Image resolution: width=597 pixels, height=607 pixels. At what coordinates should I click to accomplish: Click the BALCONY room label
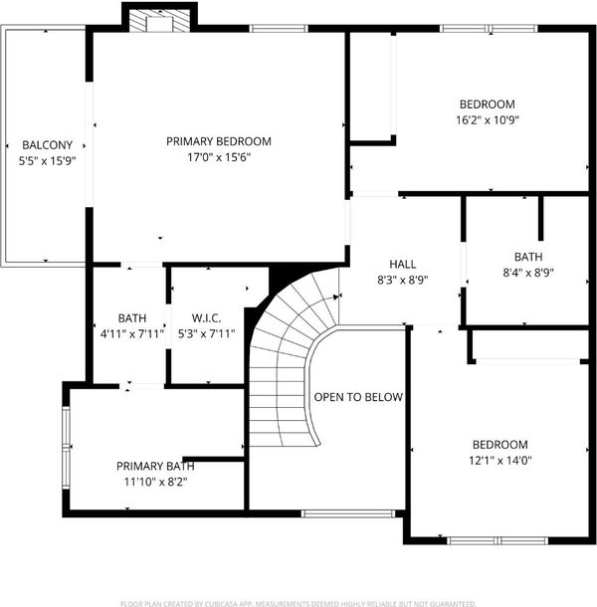(x=47, y=144)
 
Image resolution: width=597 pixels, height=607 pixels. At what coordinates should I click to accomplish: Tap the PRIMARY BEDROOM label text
(x=219, y=141)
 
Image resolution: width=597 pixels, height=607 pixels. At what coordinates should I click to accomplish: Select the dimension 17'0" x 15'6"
(x=219, y=157)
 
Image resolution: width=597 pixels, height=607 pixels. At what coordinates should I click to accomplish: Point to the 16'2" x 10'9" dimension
(x=487, y=120)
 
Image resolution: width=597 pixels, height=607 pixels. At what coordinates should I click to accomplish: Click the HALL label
(x=403, y=264)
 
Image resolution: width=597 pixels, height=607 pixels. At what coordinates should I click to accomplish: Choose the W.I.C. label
(x=206, y=318)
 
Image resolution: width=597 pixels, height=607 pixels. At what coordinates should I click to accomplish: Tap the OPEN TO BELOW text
(x=358, y=397)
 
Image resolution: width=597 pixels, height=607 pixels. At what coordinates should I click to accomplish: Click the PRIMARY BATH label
(x=155, y=466)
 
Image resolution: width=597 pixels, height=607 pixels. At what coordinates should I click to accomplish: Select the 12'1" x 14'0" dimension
(x=500, y=461)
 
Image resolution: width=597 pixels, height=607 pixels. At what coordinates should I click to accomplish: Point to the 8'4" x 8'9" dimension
(x=528, y=273)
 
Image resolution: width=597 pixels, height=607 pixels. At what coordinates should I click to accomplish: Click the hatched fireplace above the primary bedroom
(x=159, y=21)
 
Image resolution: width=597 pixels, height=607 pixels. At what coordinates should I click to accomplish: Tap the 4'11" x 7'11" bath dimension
(x=132, y=333)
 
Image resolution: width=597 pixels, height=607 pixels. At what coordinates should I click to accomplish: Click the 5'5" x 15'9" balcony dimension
(x=47, y=160)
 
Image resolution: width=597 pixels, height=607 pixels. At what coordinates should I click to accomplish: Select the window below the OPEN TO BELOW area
(x=347, y=513)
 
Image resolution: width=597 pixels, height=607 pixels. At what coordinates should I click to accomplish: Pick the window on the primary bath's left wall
(x=67, y=448)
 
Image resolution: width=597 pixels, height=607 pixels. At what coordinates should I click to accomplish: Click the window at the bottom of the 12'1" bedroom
(x=497, y=540)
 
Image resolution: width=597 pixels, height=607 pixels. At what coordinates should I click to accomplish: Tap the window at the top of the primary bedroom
(x=278, y=28)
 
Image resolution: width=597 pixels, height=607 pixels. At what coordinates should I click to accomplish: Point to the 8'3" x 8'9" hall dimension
(x=403, y=280)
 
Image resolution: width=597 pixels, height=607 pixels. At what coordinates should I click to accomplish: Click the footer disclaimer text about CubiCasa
(x=298, y=603)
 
